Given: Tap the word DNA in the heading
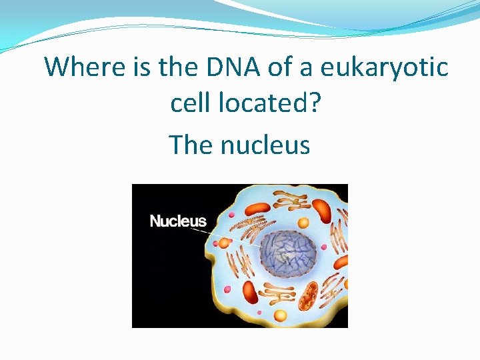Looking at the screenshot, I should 228,67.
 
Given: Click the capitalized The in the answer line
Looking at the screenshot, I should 191,144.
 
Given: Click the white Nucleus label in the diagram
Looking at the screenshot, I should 178,221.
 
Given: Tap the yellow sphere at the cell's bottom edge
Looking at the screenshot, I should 280,315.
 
